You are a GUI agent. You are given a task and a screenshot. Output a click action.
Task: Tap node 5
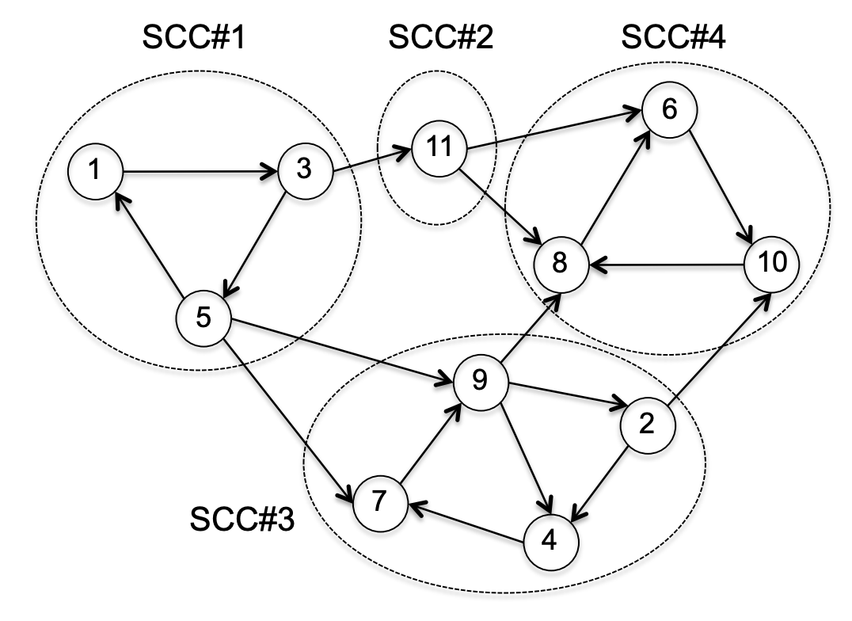(203, 318)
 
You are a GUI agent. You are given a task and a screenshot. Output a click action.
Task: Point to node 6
(669, 110)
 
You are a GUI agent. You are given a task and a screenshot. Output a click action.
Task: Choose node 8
(560, 263)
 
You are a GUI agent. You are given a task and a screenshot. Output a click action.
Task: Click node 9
(479, 382)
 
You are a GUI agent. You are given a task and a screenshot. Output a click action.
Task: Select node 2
(647, 425)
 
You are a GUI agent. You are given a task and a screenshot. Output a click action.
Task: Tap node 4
(550, 541)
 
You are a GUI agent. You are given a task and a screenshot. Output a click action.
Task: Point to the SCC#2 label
(441, 39)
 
